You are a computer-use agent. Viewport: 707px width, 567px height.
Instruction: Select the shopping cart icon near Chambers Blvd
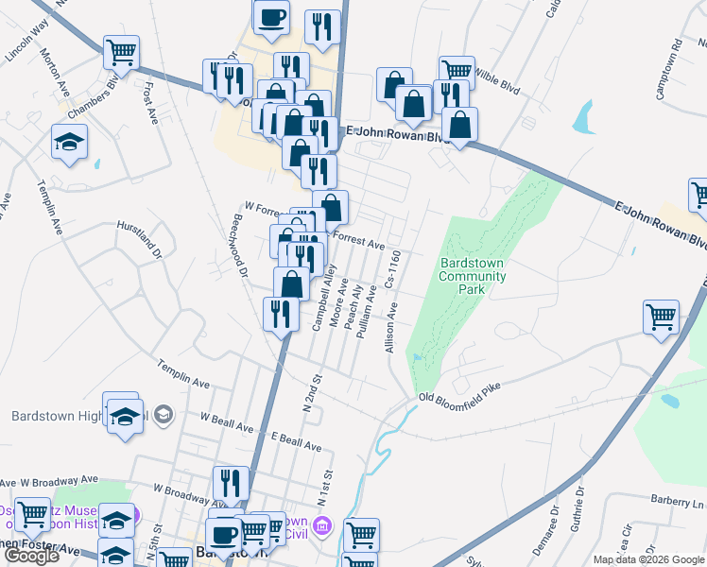pyautogui.click(x=120, y=53)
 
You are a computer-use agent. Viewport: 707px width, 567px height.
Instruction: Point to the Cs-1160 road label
pyautogui.click(x=393, y=270)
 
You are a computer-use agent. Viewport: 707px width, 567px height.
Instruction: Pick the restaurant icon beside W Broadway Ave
pyautogui.click(x=231, y=484)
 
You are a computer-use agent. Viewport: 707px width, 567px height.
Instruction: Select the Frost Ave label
pyautogui.click(x=149, y=102)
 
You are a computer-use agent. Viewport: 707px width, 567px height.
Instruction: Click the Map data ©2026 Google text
pyautogui.click(x=648, y=559)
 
